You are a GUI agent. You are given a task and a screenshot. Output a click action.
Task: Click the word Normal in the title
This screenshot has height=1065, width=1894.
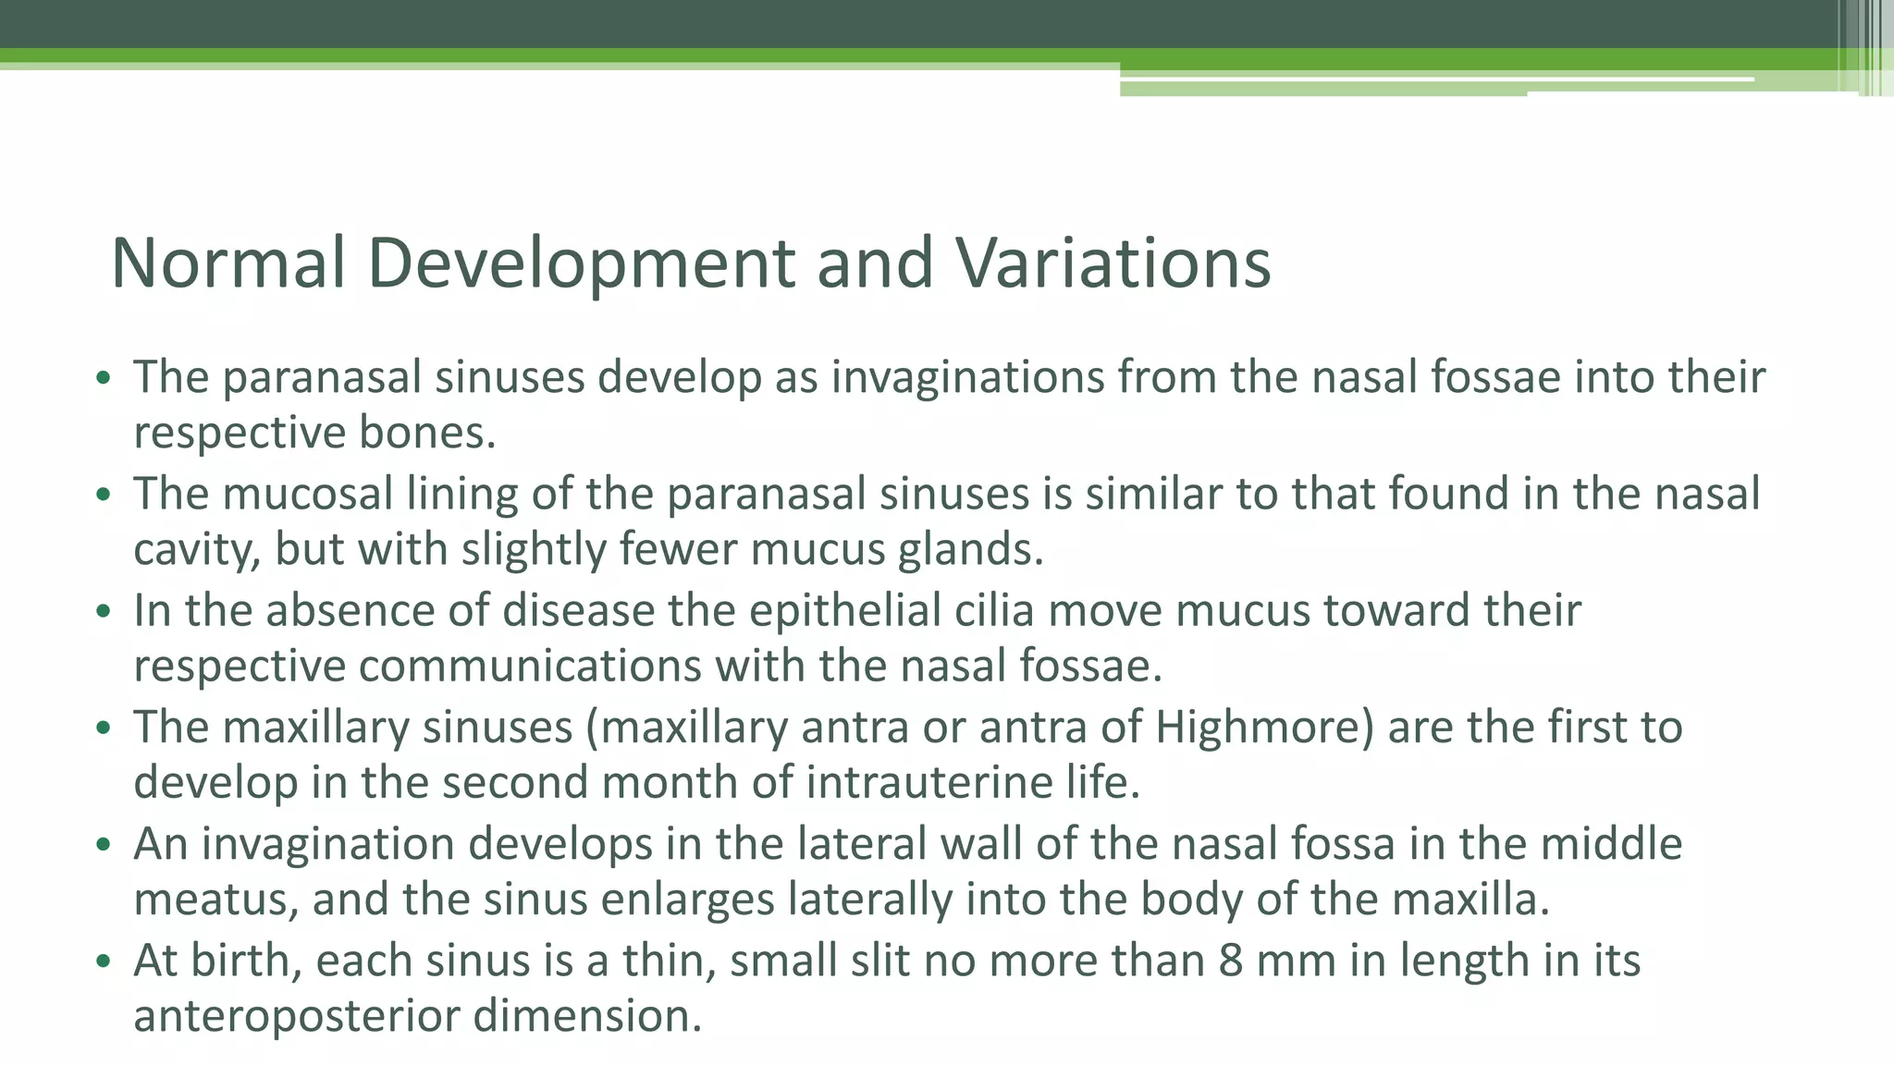coord(228,263)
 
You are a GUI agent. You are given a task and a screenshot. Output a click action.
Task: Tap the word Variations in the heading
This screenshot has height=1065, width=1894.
coord(1113,263)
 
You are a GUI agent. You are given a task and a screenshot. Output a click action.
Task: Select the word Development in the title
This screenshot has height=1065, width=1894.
coord(581,263)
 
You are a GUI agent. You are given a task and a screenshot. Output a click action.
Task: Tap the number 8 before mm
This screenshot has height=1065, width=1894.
coord(1230,961)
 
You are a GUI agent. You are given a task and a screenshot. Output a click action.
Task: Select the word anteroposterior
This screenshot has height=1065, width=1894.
coord(297,1016)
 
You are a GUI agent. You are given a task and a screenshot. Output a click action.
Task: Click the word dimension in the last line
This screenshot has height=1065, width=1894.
coord(587,1016)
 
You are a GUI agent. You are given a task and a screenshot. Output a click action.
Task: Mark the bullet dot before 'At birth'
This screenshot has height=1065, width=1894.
coord(104,962)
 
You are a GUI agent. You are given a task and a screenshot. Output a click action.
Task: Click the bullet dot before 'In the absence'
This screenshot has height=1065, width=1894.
coord(104,612)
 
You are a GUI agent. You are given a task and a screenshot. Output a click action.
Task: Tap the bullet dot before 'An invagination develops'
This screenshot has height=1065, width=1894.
coord(104,846)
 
